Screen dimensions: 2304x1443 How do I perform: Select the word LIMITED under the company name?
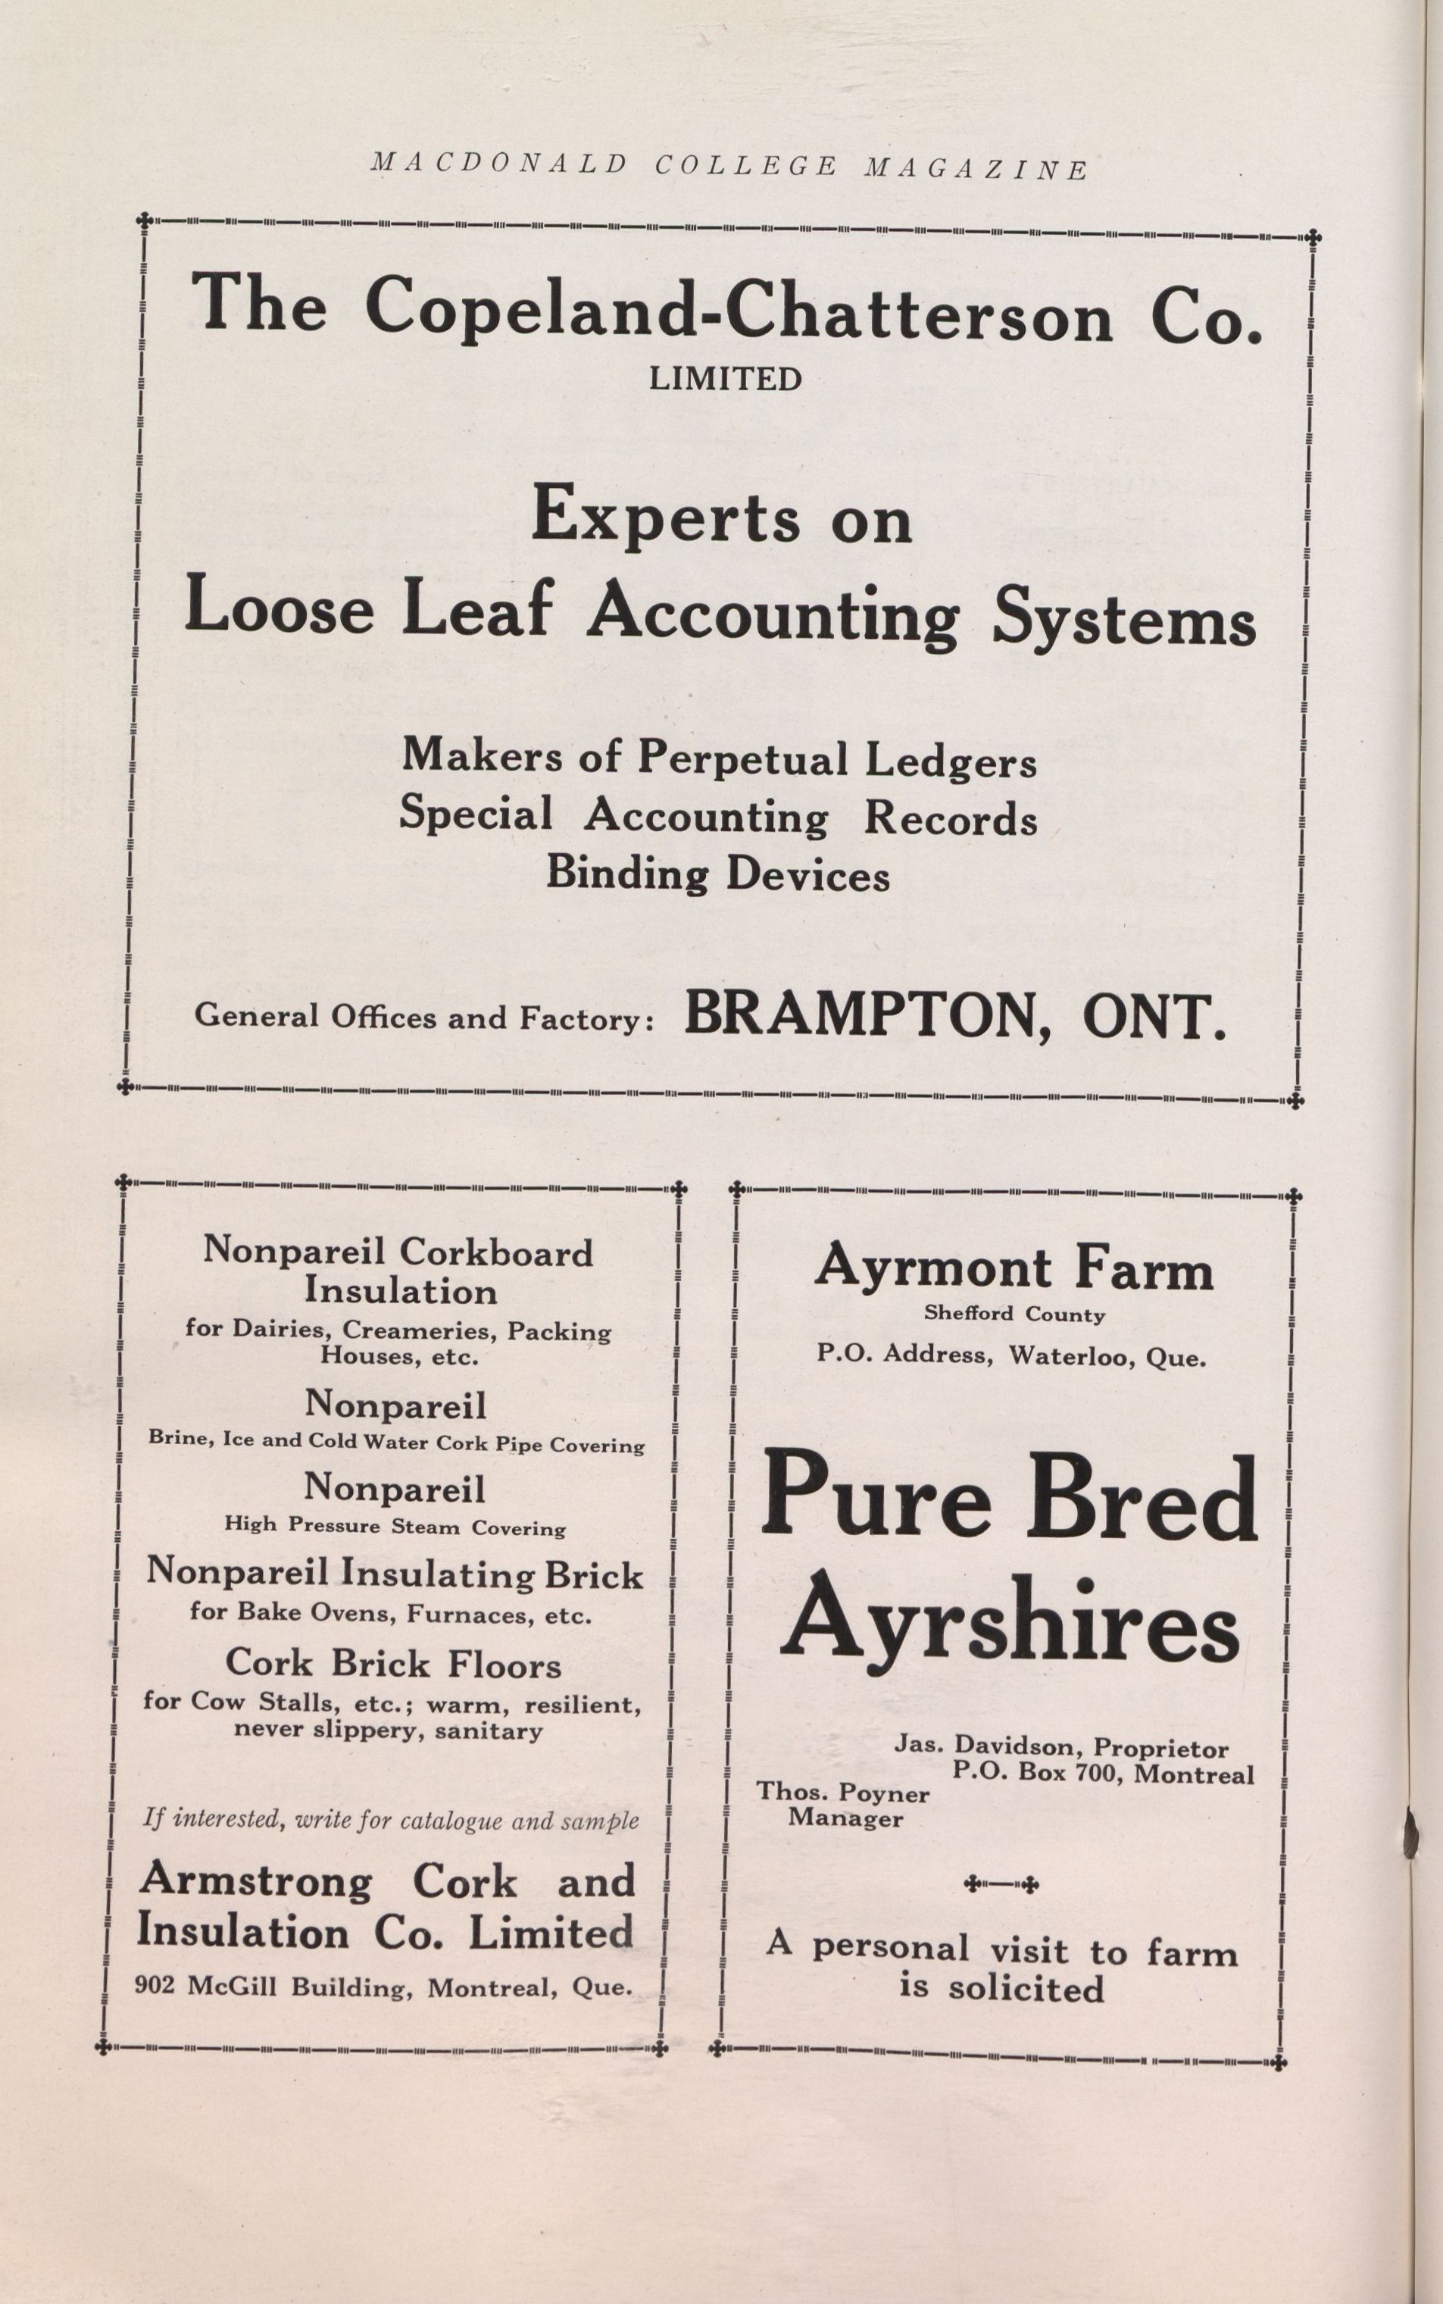[x=726, y=379]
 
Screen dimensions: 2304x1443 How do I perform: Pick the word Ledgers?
[x=951, y=761]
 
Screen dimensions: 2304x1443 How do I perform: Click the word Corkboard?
[x=495, y=1252]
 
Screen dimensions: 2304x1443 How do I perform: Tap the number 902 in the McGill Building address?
[x=155, y=1987]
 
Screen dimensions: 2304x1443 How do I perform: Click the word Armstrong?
[x=256, y=1881]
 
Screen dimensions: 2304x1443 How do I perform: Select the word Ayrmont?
[x=933, y=1269]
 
